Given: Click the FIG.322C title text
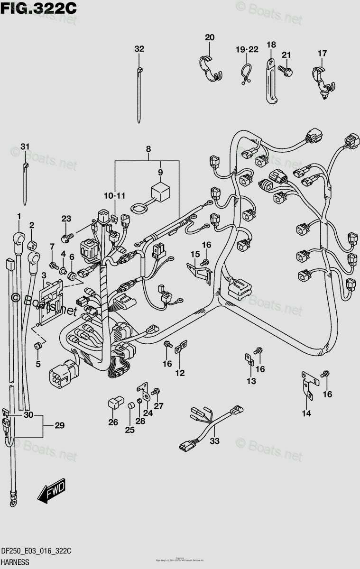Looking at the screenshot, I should tap(39, 8).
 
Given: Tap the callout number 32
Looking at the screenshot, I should tap(138, 49).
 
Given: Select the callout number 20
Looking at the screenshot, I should tap(210, 37).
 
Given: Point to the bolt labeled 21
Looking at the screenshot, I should tap(286, 71).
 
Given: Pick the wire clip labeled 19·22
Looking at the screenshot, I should tap(246, 73).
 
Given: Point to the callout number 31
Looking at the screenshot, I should tap(25, 146).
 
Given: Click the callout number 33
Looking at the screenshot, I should tap(215, 441).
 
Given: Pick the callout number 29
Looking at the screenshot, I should tap(59, 425).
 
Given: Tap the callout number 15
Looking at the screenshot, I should tap(194, 255).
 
